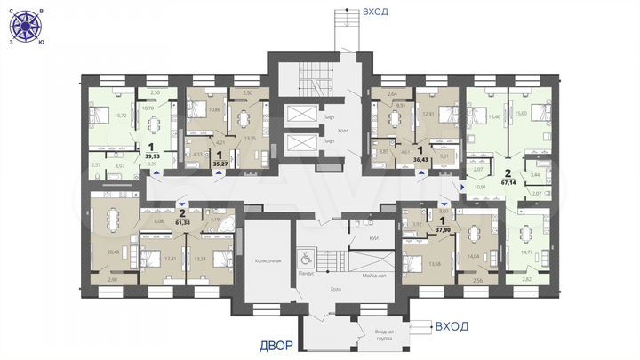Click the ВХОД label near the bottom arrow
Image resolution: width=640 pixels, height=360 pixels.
[452, 327]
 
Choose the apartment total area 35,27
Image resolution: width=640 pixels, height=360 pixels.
[218, 164]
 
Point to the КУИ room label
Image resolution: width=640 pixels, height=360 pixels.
[362, 239]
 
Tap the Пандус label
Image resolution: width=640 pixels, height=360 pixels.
[307, 273]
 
